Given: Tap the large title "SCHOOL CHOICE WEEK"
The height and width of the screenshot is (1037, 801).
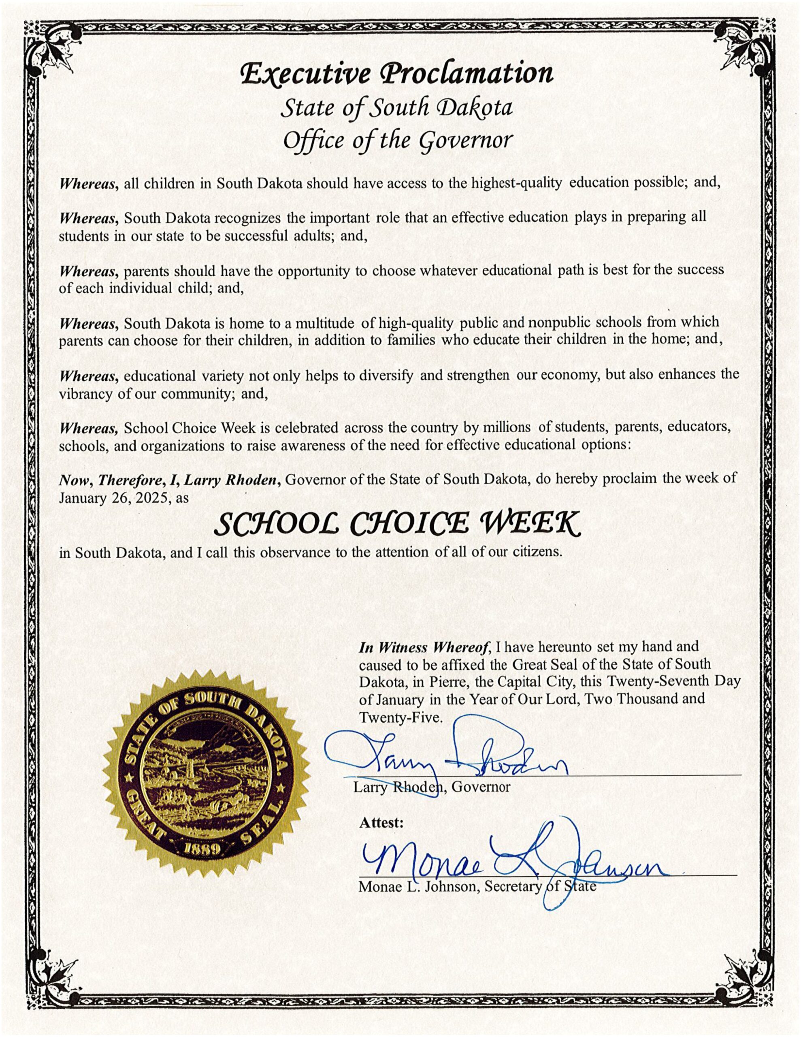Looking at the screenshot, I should click(x=397, y=524).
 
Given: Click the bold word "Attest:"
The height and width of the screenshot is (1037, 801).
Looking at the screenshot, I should click(x=381, y=822).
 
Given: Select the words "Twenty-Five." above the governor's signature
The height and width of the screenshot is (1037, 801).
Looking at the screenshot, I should click(x=400, y=717).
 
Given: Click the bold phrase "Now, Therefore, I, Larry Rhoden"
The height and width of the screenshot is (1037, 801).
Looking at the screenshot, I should click(x=167, y=480).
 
